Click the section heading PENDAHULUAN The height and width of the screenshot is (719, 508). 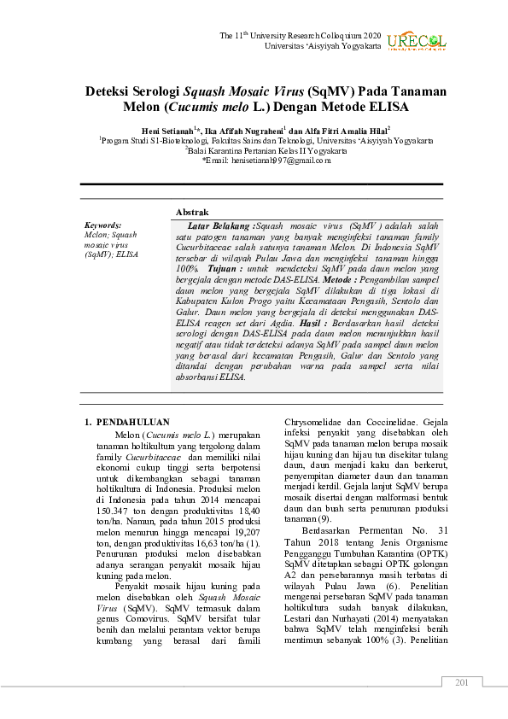133,422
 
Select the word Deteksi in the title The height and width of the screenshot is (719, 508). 111,91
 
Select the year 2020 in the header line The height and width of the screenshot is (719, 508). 371,35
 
